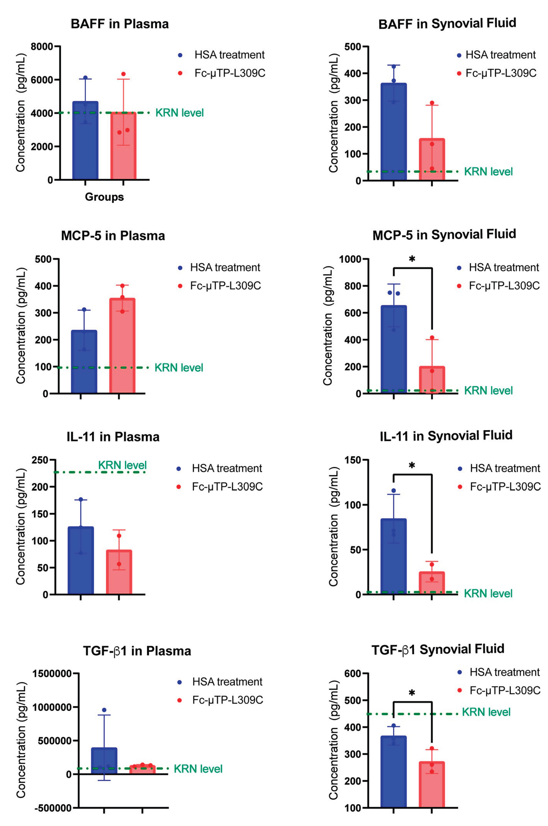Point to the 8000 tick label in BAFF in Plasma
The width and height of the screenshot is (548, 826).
[x=42, y=47]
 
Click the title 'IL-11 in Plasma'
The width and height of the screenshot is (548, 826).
[x=113, y=437]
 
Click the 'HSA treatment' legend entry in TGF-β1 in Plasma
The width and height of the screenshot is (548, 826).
[x=227, y=682]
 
